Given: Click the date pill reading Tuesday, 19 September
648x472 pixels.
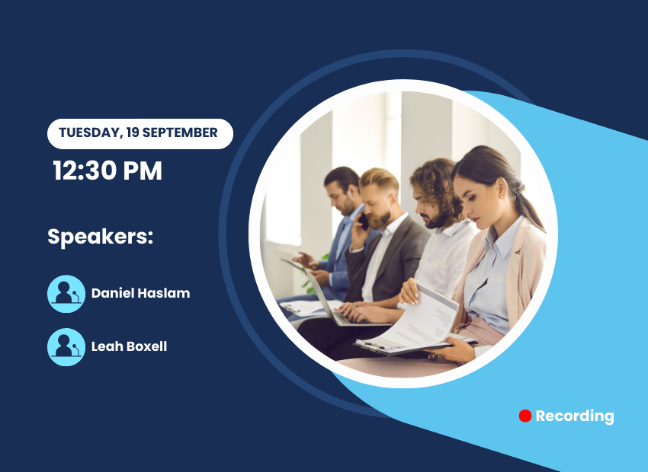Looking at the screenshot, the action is (140, 134).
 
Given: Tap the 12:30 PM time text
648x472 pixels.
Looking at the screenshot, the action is (107, 171).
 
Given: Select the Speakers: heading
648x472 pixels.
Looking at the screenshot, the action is (101, 237).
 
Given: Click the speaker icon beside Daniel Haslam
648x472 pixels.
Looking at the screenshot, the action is (66, 294).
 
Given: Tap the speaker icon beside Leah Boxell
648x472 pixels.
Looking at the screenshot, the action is (66, 347).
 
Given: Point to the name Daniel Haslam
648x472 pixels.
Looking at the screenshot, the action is (140, 293).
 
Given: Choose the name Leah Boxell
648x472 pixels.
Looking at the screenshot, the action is (129, 346).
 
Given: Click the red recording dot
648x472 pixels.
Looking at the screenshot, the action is (524, 416).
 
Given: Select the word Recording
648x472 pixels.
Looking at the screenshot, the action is (575, 416).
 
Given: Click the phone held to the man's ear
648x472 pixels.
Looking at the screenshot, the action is (363, 221).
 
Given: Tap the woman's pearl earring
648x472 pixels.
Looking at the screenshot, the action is (502, 197).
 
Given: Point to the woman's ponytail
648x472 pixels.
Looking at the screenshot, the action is (528, 206).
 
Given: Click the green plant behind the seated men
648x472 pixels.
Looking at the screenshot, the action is (311, 277).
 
